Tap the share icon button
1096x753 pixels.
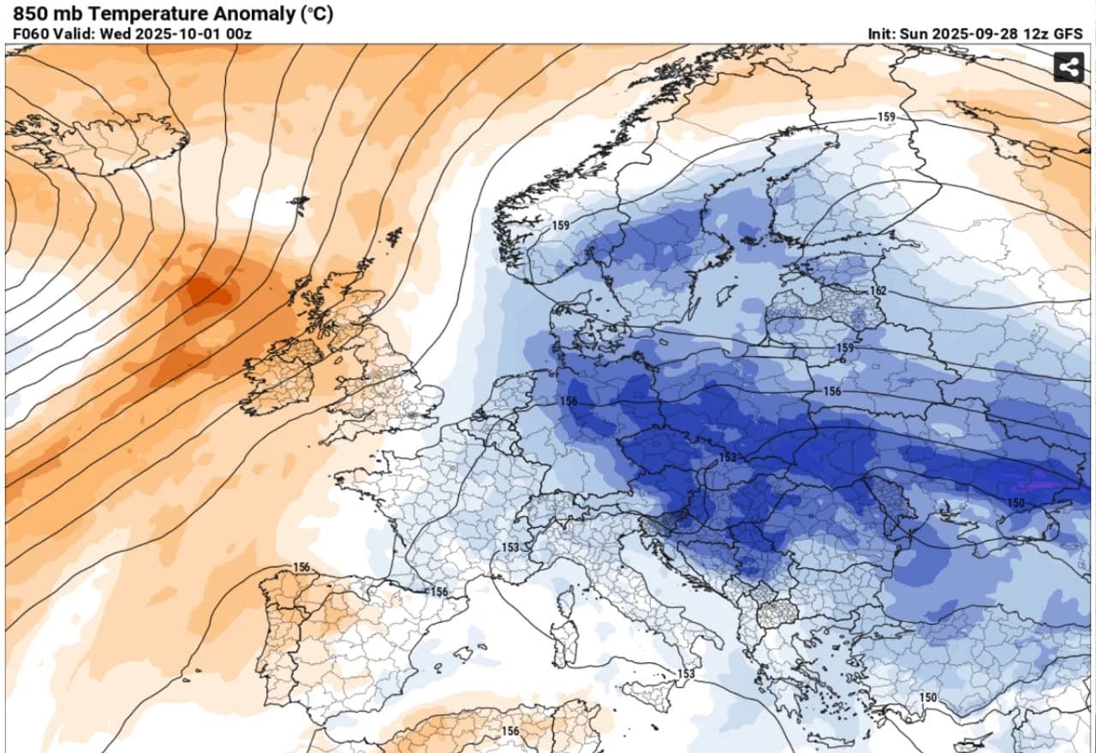click(x=1069, y=67)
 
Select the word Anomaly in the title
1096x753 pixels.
click(x=255, y=14)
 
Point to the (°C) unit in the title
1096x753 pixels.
click(x=316, y=14)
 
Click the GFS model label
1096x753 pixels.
click(x=1068, y=34)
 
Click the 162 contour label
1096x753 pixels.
click(x=877, y=292)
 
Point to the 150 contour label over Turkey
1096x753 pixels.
click(x=928, y=697)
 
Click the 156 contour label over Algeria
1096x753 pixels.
click(x=510, y=732)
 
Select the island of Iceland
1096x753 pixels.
click(x=103, y=141)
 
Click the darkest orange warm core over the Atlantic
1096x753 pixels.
click(x=205, y=291)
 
